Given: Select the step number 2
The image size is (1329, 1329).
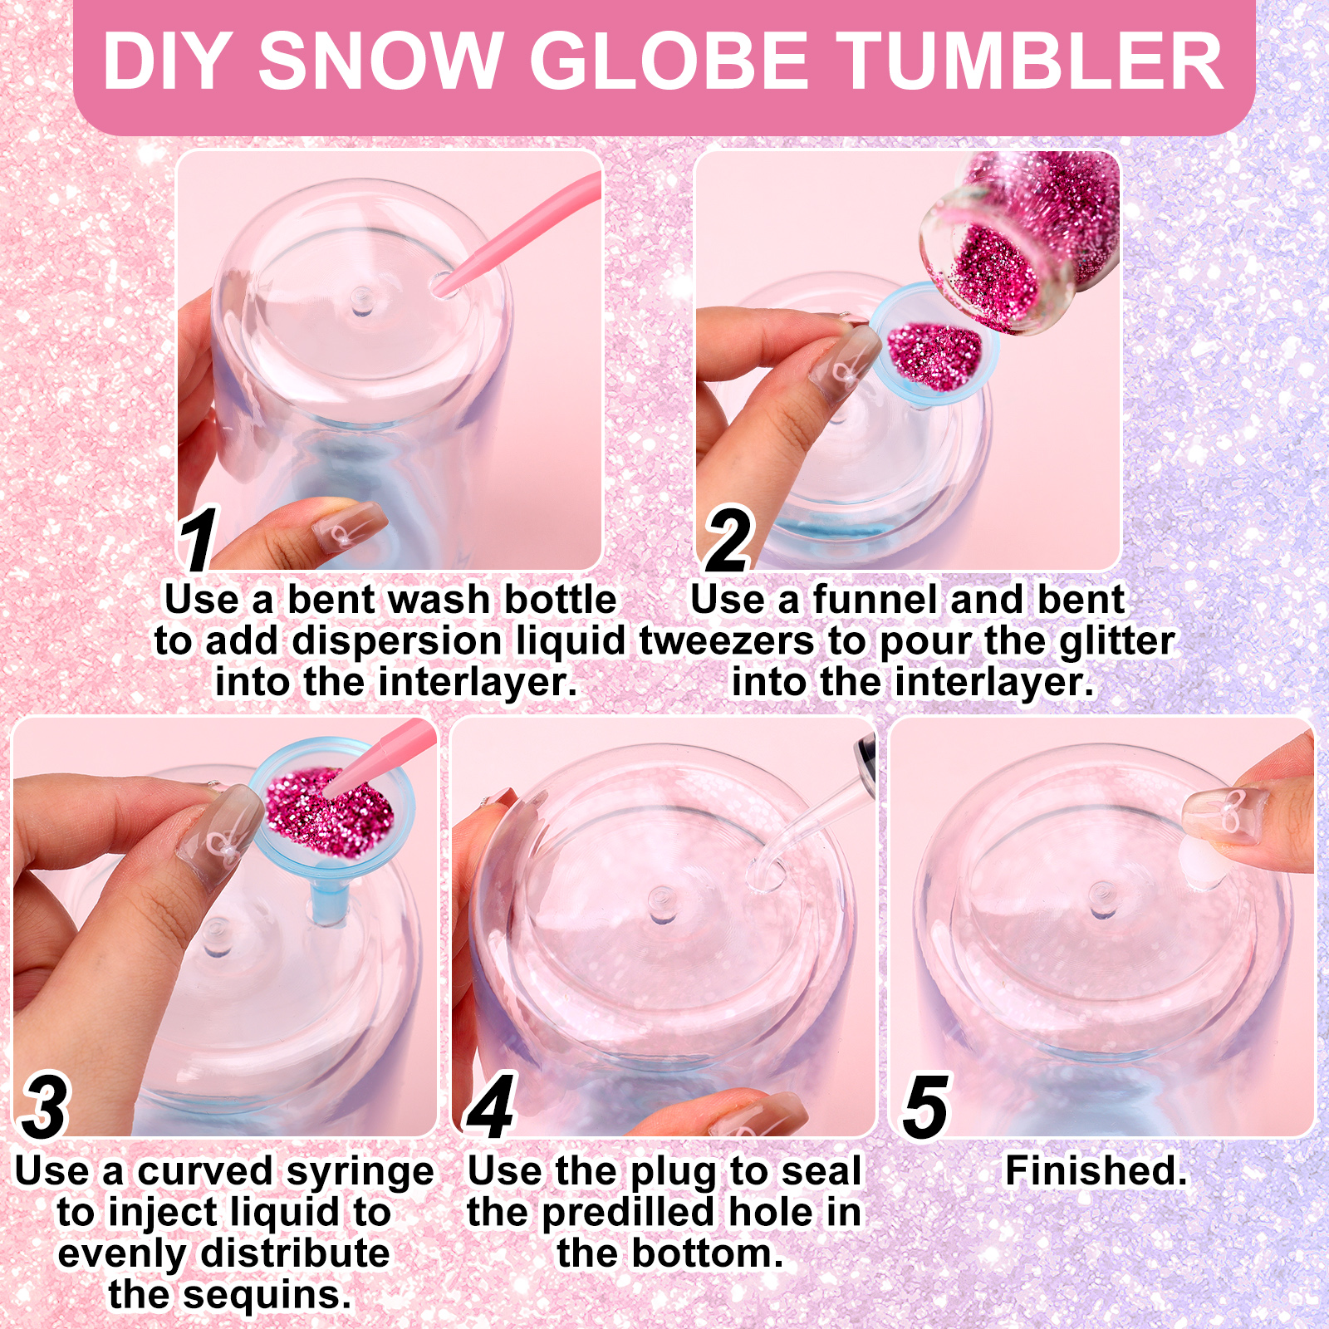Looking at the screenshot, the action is tap(728, 540).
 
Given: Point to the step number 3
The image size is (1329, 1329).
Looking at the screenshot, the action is tap(45, 1106).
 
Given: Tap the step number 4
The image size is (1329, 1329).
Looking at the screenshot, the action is tap(491, 1106).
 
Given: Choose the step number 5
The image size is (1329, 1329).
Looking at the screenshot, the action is tap(925, 1106).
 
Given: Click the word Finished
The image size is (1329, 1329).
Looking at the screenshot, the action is tap(1096, 1170).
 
